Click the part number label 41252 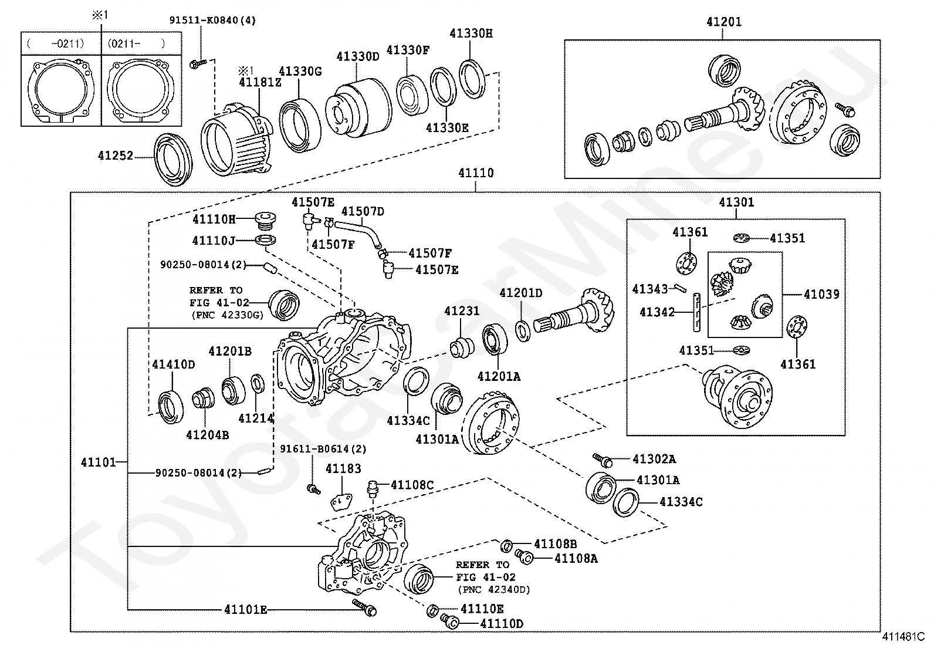(116, 156)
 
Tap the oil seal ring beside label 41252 (173, 159)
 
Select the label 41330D (358, 56)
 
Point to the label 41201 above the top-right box (723, 22)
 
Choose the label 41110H (214, 219)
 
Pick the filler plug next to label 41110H (266, 221)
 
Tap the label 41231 (462, 312)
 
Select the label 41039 (821, 294)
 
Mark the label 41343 (650, 289)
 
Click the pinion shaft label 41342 (657, 312)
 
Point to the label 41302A (654, 459)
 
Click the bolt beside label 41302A (603, 460)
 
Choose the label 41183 (343, 468)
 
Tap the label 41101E (245, 610)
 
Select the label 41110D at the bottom (502, 623)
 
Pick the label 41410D (174, 364)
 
